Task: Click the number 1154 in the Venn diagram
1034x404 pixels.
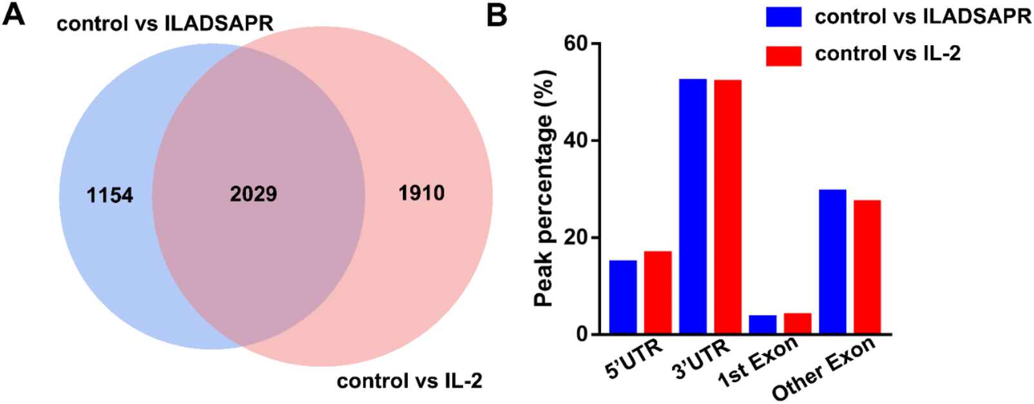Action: tap(110, 195)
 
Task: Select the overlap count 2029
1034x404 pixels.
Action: tap(253, 193)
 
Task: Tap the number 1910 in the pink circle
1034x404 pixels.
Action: tap(421, 193)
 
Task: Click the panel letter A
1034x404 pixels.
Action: tap(14, 14)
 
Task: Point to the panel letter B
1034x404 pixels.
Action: tap(497, 14)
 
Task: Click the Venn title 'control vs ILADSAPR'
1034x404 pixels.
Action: tap(165, 24)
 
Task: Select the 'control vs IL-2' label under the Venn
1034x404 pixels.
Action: tap(409, 381)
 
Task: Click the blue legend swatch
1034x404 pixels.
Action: tap(783, 17)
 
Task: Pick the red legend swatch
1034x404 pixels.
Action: tap(783, 55)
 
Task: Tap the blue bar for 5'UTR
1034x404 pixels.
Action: tap(623, 297)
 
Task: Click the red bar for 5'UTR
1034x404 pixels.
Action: tap(658, 293)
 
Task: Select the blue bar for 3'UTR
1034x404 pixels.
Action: tap(693, 206)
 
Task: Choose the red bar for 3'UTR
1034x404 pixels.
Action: tap(727, 207)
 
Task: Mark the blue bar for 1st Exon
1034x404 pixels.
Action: tap(763, 324)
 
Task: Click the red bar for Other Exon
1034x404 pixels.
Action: tap(867, 267)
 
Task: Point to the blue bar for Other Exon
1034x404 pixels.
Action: tap(832, 262)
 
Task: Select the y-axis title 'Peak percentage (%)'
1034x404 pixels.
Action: tap(544, 188)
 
